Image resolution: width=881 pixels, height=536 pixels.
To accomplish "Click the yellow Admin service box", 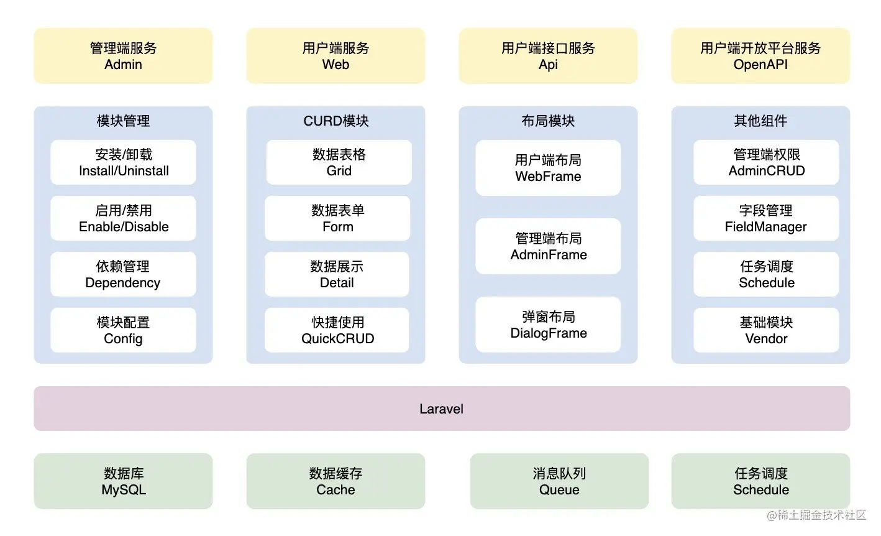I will [123, 56].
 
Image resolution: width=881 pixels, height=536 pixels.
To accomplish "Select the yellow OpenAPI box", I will [760, 56].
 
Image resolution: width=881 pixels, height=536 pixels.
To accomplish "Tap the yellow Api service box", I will [548, 56].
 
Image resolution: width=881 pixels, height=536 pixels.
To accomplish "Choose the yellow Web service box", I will [336, 56].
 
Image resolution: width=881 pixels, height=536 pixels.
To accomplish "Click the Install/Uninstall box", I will [123, 162].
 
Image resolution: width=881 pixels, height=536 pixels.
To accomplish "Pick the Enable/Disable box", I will [123, 218].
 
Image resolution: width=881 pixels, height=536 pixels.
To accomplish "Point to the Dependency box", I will [123, 274].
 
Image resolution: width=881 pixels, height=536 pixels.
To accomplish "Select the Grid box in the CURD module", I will [339, 162].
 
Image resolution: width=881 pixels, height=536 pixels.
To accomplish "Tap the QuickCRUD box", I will [337, 330].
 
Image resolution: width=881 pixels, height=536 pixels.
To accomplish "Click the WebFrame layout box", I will [548, 168].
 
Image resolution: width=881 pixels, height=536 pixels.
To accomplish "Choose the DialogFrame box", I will [548, 325].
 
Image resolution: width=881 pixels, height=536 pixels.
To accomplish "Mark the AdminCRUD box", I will [766, 162].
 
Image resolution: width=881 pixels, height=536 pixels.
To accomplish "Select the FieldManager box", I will [766, 218].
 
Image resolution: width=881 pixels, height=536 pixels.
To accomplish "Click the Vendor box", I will [766, 330].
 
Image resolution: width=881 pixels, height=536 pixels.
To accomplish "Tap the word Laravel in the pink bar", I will [441, 409].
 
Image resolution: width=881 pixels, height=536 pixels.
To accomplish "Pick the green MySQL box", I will [123, 481].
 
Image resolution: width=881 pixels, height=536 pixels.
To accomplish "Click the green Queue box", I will [559, 481].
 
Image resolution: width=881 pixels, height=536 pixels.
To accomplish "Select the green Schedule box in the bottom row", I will [760, 481].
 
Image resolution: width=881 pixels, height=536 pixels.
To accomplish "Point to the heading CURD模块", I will [336, 121].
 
